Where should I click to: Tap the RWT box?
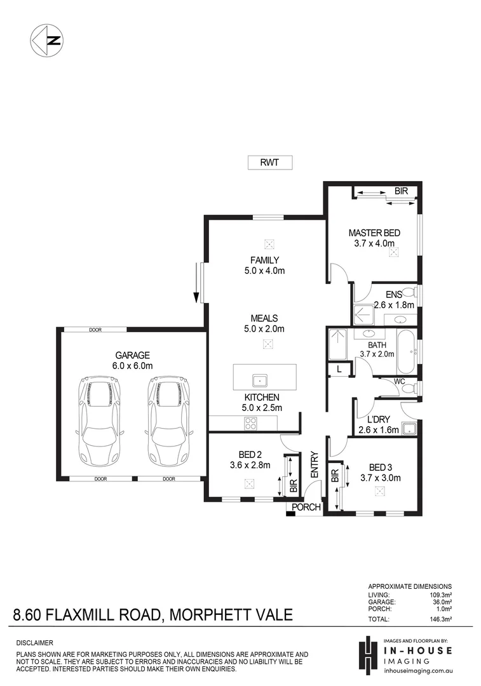click(x=269, y=163)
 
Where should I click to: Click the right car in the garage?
click(x=167, y=420)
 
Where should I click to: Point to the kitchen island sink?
click(x=261, y=380)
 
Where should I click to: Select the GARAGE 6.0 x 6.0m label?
click(x=132, y=360)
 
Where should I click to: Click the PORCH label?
click(x=306, y=507)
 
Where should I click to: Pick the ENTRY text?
click(x=314, y=465)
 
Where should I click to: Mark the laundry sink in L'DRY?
click(x=410, y=428)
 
